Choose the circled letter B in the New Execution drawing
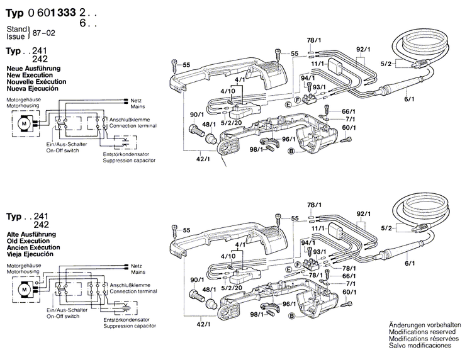pyautogui.click(x=291, y=152)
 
